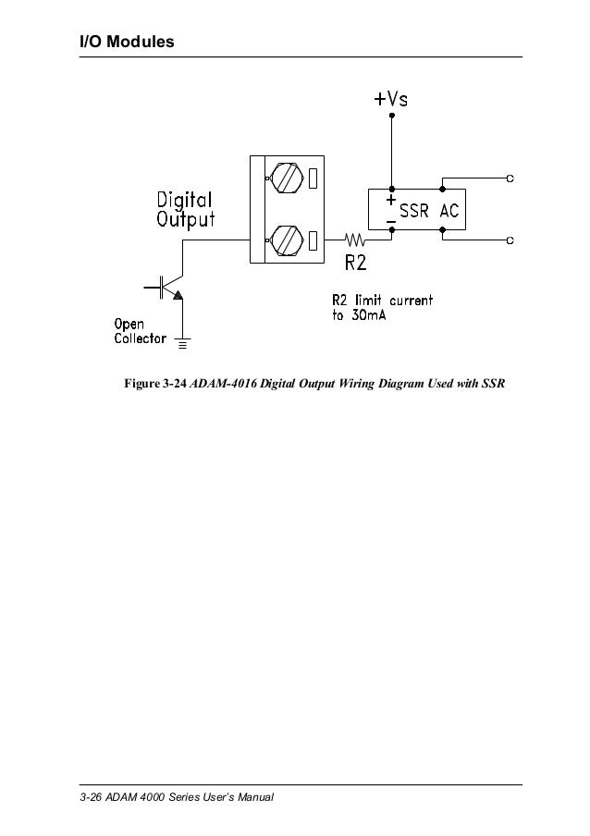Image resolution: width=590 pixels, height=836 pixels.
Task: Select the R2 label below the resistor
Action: point(357,263)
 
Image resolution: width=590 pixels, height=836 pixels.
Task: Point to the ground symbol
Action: point(182,345)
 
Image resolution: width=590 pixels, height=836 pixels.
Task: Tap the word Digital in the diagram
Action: point(184,200)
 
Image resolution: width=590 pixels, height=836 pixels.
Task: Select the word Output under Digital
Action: point(184,219)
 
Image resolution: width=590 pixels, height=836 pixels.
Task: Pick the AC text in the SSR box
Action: point(450,210)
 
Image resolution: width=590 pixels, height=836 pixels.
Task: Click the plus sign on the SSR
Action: point(391,199)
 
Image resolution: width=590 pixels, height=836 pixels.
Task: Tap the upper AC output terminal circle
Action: point(510,178)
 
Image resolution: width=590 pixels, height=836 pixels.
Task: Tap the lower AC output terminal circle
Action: point(510,240)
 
